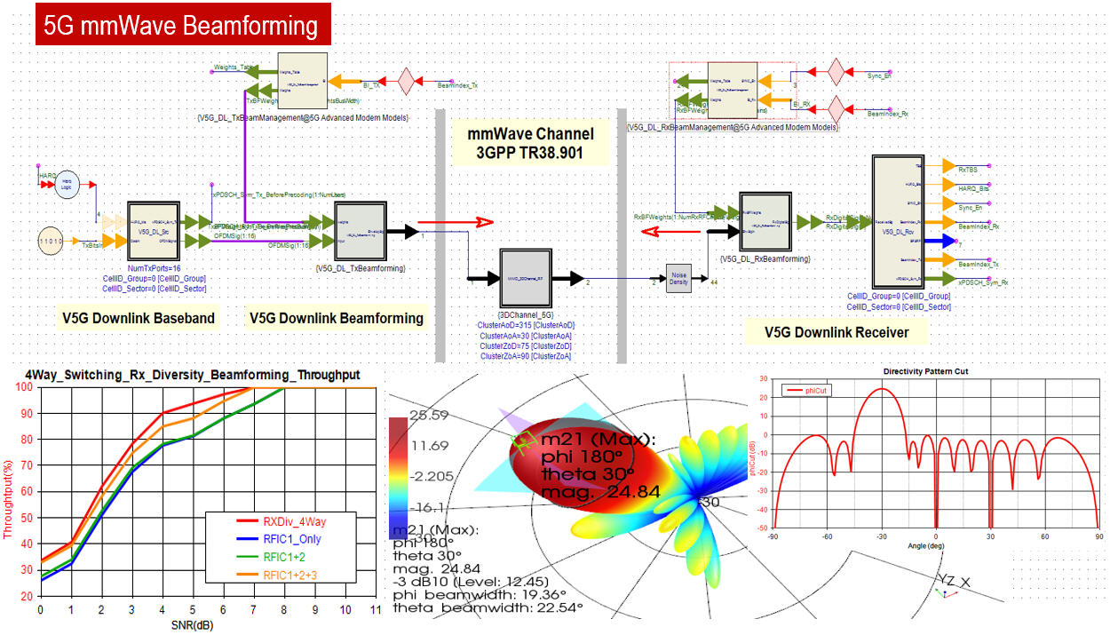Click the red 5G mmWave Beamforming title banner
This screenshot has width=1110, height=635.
[x=183, y=25]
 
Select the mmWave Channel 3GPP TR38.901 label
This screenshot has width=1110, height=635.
[x=531, y=145]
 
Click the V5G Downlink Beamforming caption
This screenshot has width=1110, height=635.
[x=337, y=318]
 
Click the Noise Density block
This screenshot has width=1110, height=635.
[x=679, y=277]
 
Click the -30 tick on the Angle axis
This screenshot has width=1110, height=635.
[x=880, y=536]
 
